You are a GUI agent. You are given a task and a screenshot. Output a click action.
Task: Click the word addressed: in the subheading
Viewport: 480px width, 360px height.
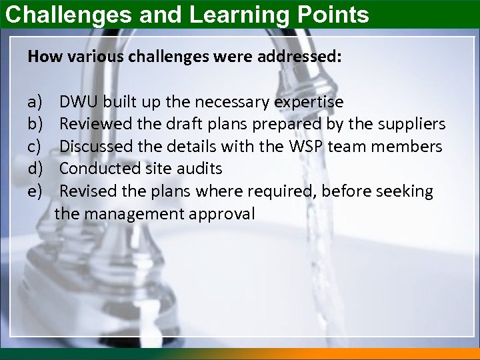[303, 57]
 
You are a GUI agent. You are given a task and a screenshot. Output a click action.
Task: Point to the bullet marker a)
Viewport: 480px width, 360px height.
[35, 102]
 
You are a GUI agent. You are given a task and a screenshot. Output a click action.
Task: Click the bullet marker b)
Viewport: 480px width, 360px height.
[35, 124]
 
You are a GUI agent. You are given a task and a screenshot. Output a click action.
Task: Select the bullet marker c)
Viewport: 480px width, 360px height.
[35, 147]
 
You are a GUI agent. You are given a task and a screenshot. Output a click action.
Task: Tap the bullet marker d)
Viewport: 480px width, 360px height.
[35, 169]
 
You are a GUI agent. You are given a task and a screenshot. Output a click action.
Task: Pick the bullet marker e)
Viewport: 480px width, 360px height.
[35, 191]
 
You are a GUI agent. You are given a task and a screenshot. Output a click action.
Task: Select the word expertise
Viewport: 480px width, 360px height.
[309, 102]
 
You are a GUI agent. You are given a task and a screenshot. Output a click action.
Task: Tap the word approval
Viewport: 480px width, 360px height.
[224, 215]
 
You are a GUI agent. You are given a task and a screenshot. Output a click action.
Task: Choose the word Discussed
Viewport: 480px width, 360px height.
[93, 147]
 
